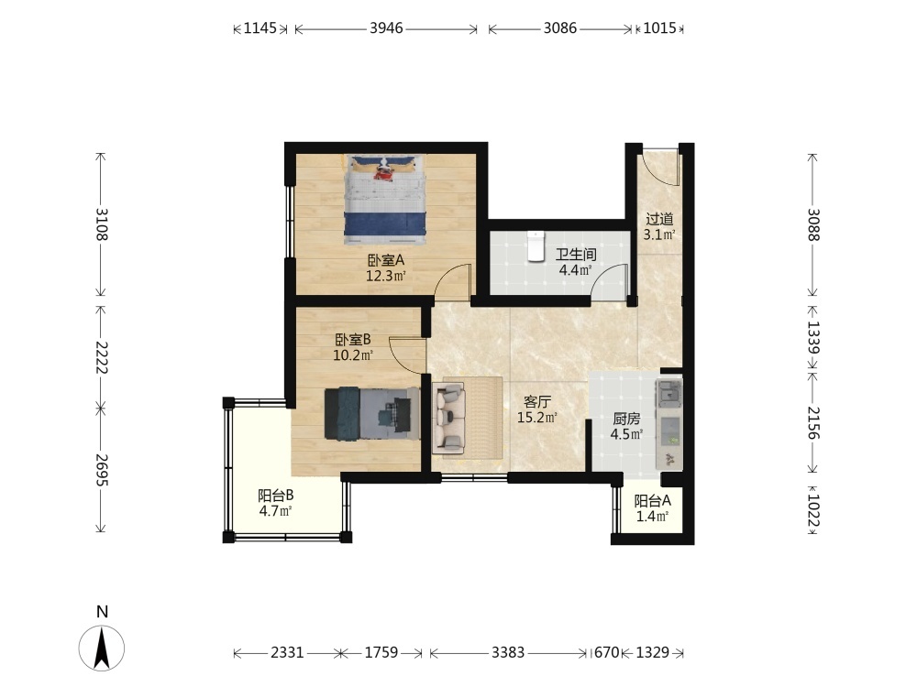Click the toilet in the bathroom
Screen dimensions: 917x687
coord(536,245)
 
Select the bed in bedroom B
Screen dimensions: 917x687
coord(372,413)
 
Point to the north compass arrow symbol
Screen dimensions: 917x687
coord(102,648)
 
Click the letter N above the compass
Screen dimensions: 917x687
coord(103,612)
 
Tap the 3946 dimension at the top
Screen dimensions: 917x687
coord(386,28)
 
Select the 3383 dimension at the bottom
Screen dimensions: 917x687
coord(508,652)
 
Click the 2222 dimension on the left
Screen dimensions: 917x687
coord(101,357)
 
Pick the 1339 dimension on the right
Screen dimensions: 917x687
coord(812,338)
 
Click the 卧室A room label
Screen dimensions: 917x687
coord(386,260)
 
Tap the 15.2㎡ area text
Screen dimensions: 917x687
coord(536,417)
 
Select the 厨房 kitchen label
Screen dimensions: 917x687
coord(626,419)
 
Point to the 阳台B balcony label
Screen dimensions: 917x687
coord(275,496)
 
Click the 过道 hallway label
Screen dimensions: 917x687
coord(659,219)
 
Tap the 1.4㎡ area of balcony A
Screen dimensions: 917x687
coord(652,516)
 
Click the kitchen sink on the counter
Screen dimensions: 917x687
coord(668,393)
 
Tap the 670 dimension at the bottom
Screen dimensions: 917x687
coord(606,652)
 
